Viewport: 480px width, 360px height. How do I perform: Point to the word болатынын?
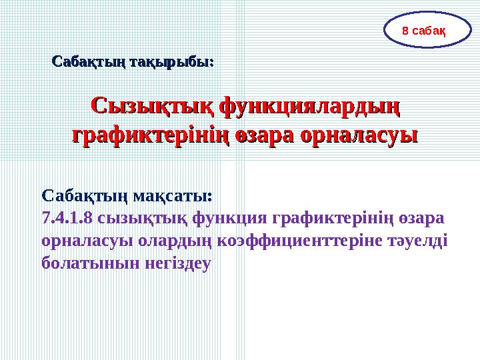(83, 263)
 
